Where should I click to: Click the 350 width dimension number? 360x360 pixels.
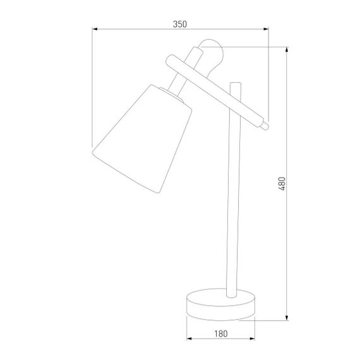click(x=180, y=24)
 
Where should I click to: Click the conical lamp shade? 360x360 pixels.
click(x=142, y=139)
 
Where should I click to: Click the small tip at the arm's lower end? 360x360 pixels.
click(x=267, y=126)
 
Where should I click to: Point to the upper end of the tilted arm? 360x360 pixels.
click(x=169, y=61)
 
